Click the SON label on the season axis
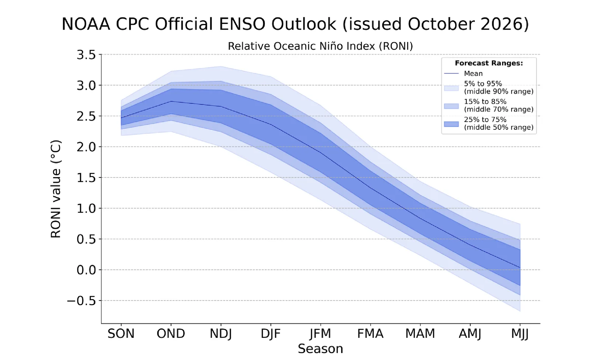pos(121,334)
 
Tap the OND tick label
pos(171,334)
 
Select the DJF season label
pos(271,334)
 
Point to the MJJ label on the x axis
pos(520,334)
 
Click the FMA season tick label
pos(370,334)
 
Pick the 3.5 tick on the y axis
pos(86,55)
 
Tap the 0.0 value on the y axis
pos(86,270)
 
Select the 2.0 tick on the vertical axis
pos(86,147)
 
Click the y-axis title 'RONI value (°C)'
pos(56,189)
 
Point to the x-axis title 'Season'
pos(320,349)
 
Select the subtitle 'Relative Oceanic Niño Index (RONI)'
pos(320,46)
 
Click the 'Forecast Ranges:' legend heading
pos(489,63)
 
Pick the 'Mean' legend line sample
pos(451,73)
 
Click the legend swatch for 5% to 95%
pos(451,88)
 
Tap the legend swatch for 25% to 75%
pos(451,124)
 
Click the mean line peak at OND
pos(171,101)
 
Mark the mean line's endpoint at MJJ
pos(520,268)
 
